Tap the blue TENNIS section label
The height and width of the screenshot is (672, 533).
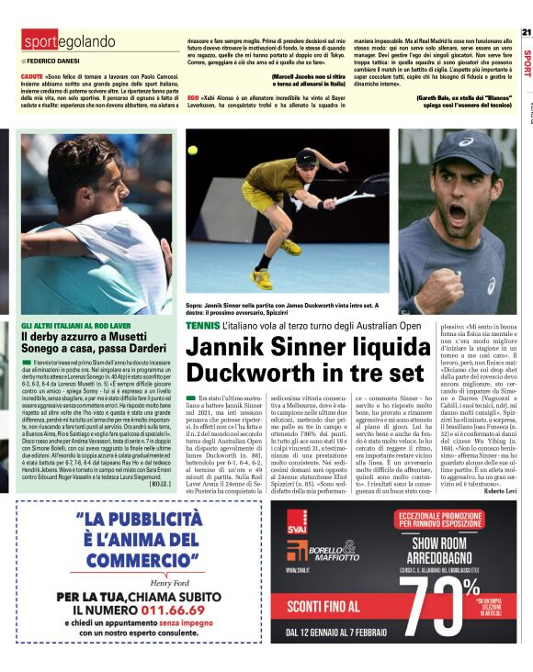tap(202, 325)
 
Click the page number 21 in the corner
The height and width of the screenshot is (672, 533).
tap(526, 31)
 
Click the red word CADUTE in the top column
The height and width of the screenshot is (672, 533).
tap(32, 76)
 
